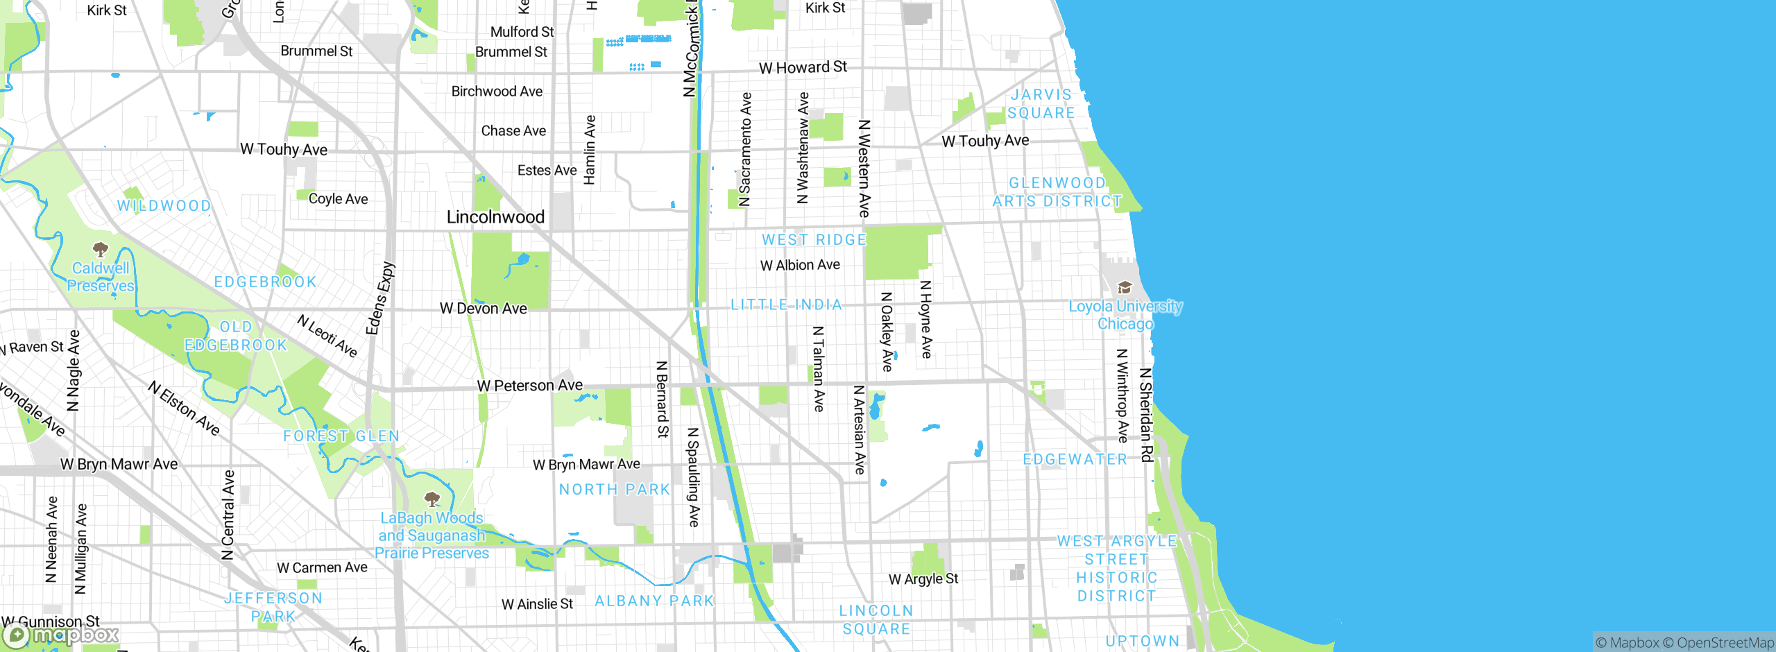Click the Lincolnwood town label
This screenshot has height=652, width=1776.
[495, 217]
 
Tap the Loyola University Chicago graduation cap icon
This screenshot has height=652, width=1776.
[1125, 288]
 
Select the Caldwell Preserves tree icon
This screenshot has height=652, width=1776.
[101, 249]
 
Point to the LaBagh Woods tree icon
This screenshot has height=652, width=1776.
[432, 499]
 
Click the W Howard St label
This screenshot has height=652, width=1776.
[803, 67]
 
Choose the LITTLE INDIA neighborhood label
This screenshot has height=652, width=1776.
[786, 304]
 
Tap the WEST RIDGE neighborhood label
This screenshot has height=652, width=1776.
[814, 239]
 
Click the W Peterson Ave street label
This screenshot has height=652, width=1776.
[530, 385]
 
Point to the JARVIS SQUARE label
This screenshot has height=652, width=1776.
[1041, 103]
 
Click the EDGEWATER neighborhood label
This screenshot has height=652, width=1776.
[1075, 459]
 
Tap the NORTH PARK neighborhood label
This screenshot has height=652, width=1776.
[615, 489]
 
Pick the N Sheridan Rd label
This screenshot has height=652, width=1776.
[1146, 414]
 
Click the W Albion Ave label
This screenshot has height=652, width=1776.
[800, 265]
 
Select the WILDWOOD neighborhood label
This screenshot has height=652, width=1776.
[164, 205]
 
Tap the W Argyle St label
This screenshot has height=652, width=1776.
[923, 578]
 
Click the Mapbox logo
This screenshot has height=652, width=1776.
[60, 635]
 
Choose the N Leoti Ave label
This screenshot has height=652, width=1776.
[327, 336]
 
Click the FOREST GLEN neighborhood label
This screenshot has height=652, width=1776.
[341, 436]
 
